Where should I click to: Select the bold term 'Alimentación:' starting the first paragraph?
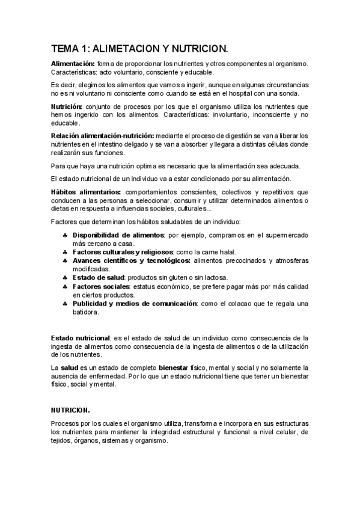coord(73,63)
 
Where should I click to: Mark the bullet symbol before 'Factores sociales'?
coord(64,287)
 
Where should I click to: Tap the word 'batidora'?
coord(85,313)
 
